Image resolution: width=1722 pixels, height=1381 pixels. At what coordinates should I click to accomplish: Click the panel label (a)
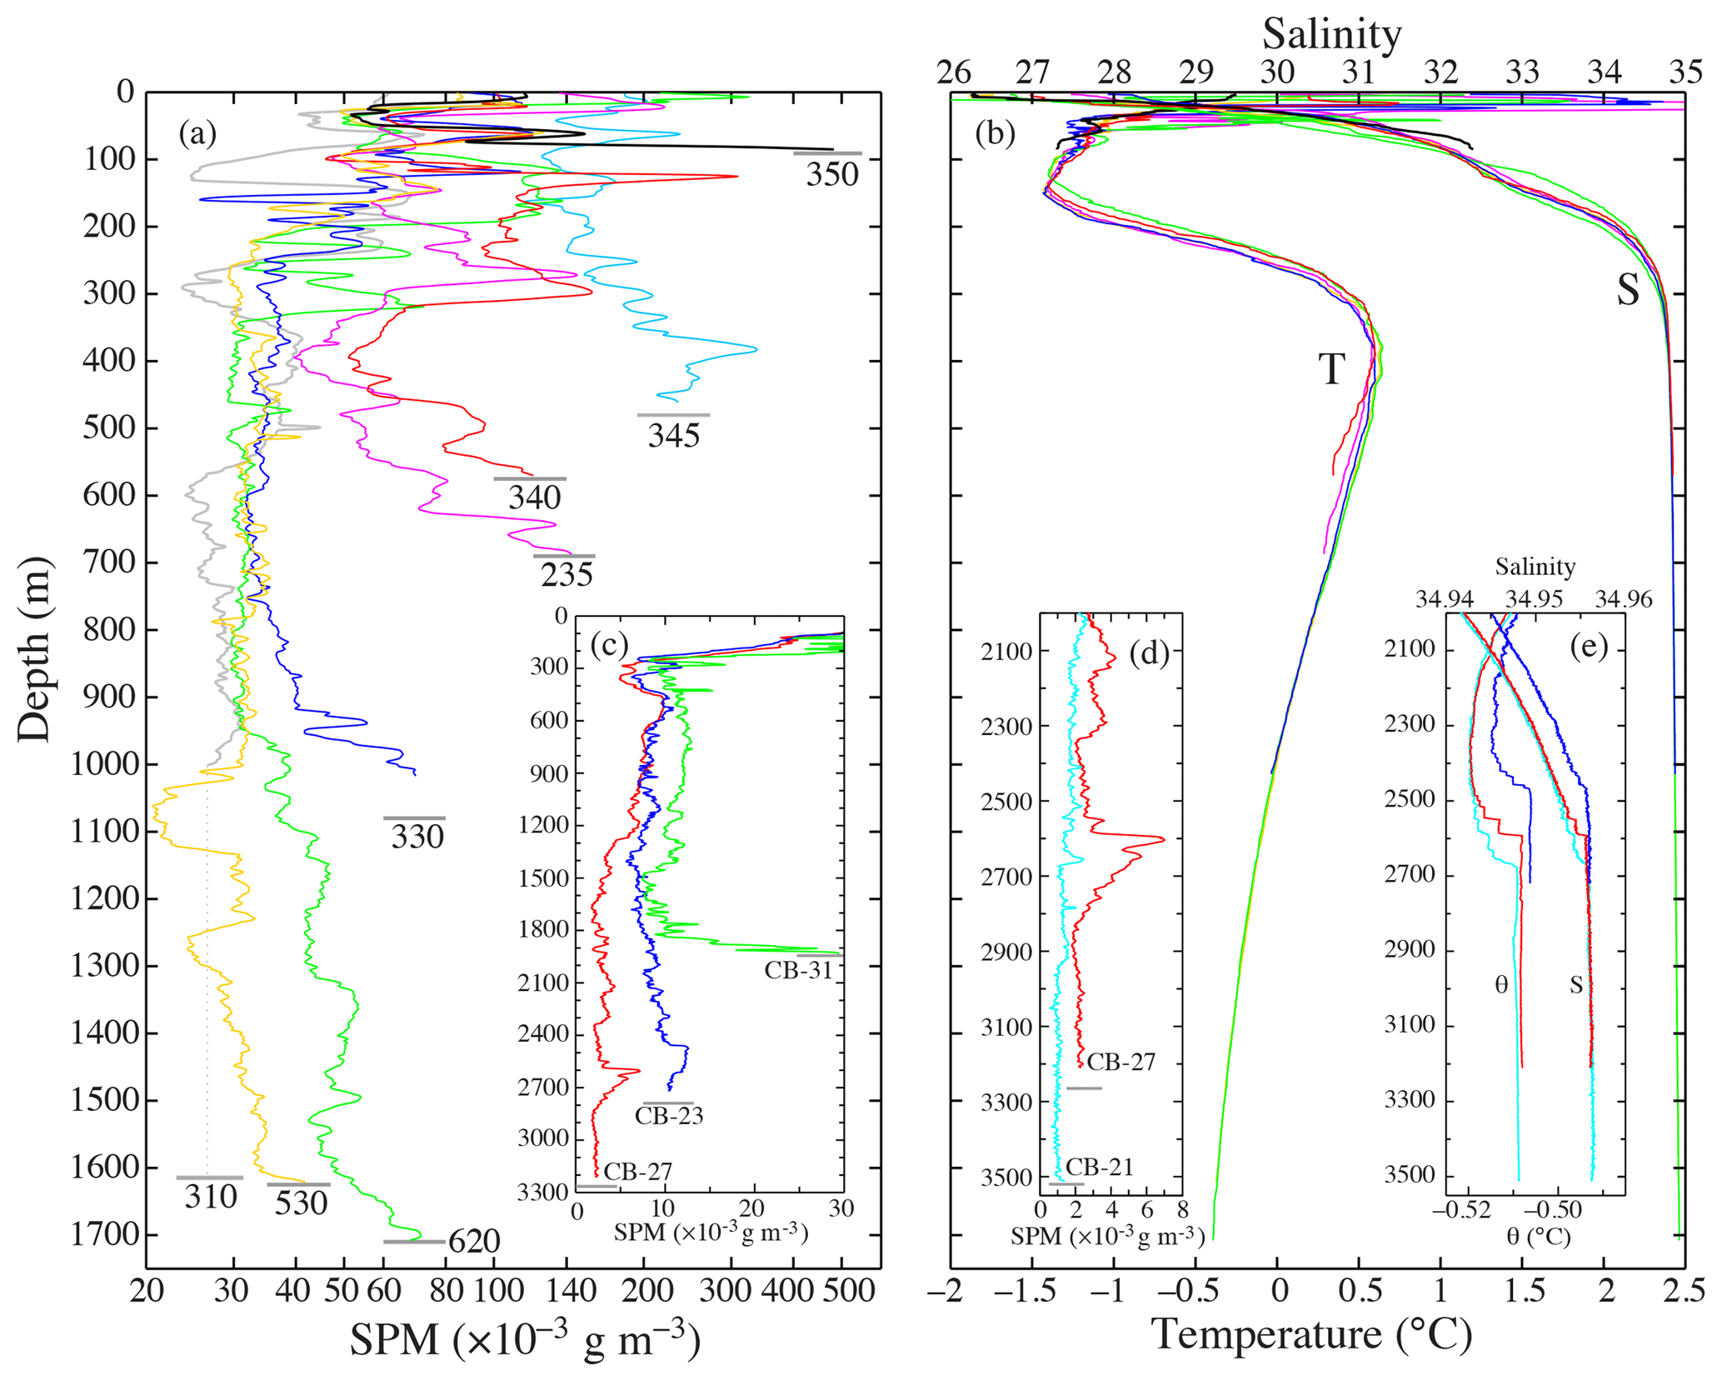point(197,133)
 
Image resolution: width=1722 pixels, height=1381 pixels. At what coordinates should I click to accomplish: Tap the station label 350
point(831,174)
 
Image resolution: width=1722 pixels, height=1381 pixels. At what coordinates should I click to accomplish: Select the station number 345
point(674,435)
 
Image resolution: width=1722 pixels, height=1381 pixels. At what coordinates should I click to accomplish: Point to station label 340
point(534,498)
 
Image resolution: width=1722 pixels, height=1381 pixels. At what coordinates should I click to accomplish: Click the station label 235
point(567,574)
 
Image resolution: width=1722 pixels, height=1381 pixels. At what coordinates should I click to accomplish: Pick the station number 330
point(417,836)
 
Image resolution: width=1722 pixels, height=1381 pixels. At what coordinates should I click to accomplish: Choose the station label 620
point(474,1242)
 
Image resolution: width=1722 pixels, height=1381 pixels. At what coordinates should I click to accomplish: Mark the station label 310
point(211,1197)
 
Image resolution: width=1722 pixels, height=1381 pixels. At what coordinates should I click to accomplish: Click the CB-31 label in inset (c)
point(798,969)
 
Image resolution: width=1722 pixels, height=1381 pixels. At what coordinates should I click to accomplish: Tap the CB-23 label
point(669,1115)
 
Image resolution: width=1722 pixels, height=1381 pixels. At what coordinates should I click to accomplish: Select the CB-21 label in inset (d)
point(1100,1167)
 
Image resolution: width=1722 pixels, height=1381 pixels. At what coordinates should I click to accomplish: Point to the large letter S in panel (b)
point(1627,290)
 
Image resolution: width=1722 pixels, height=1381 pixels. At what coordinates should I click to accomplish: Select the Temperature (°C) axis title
point(1311,1334)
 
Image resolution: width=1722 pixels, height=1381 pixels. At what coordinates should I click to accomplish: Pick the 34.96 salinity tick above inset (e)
point(1623,599)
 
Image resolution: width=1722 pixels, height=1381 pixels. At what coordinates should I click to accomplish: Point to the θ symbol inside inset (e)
point(1501,986)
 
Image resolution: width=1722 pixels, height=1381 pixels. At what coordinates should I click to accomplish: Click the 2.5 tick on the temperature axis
point(1685,1291)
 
